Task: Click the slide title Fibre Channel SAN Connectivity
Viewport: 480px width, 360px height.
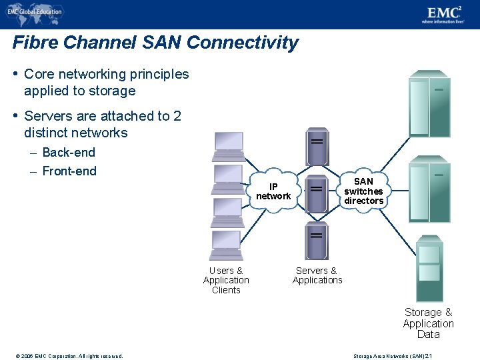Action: click(x=155, y=43)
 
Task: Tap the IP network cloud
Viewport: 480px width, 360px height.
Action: click(x=273, y=191)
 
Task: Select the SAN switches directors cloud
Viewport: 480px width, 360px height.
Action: click(x=363, y=191)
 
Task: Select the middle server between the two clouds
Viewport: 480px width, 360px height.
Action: click(x=317, y=192)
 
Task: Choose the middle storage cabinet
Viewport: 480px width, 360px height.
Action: click(x=430, y=190)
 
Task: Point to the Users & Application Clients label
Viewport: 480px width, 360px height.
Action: click(x=226, y=281)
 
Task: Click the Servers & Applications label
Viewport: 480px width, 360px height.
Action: click(x=317, y=275)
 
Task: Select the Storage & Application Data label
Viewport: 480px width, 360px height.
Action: click(x=428, y=323)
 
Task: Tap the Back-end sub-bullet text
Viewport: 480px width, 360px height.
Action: click(x=68, y=153)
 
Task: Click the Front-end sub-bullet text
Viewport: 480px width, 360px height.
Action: click(x=69, y=171)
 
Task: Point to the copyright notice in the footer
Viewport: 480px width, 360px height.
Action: click(x=67, y=355)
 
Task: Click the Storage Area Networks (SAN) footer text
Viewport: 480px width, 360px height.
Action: click(x=393, y=355)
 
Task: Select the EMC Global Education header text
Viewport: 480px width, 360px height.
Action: click(x=35, y=11)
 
